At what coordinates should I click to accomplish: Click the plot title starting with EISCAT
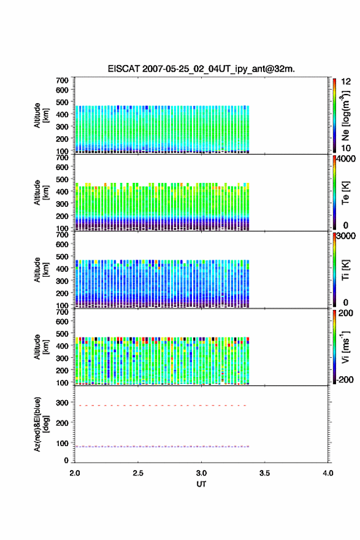point(201,69)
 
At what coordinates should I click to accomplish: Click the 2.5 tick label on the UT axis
point(138,473)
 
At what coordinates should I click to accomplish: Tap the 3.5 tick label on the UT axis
point(265,473)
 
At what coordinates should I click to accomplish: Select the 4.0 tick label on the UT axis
point(328,473)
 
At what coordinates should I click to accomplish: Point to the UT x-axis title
point(201,484)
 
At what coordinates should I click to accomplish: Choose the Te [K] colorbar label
point(345,193)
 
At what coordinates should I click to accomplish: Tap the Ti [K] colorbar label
point(345,270)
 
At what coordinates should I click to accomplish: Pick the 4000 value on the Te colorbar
point(346,159)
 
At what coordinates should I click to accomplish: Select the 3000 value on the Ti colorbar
point(346,236)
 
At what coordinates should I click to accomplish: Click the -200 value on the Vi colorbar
point(345,379)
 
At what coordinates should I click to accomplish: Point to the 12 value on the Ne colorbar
point(346,82)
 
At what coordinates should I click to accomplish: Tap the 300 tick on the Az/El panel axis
point(62,403)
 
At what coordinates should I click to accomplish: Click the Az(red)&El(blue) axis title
point(42,424)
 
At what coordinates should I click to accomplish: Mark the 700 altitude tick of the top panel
point(62,80)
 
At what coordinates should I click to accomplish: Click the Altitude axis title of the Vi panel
point(41,347)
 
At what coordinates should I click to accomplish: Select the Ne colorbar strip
point(334,115)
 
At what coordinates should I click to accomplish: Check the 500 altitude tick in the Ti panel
point(62,256)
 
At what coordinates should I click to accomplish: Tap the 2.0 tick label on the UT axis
point(75,473)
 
